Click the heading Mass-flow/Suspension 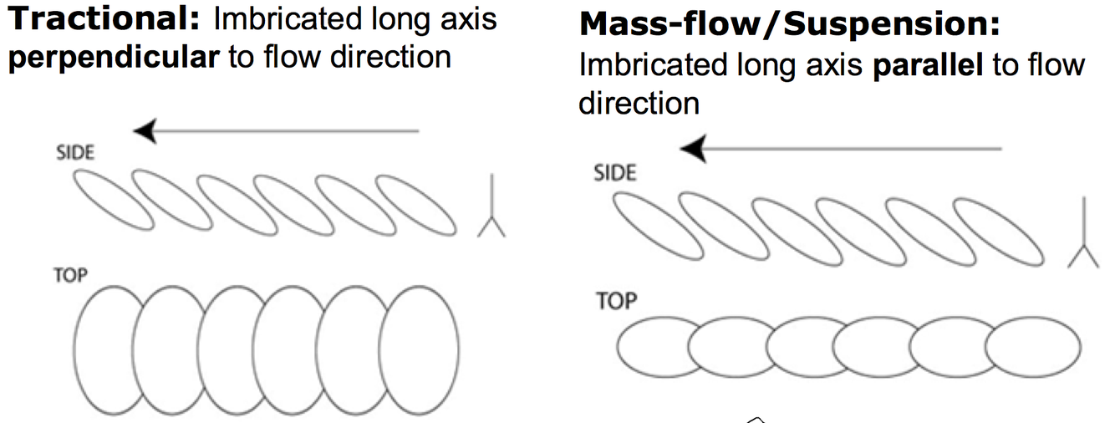[788, 25]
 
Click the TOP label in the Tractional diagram [69, 275]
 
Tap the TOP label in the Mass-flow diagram [617, 300]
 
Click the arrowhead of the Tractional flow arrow [145, 130]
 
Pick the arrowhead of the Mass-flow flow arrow [693, 150]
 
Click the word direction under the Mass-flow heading [639, 103]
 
